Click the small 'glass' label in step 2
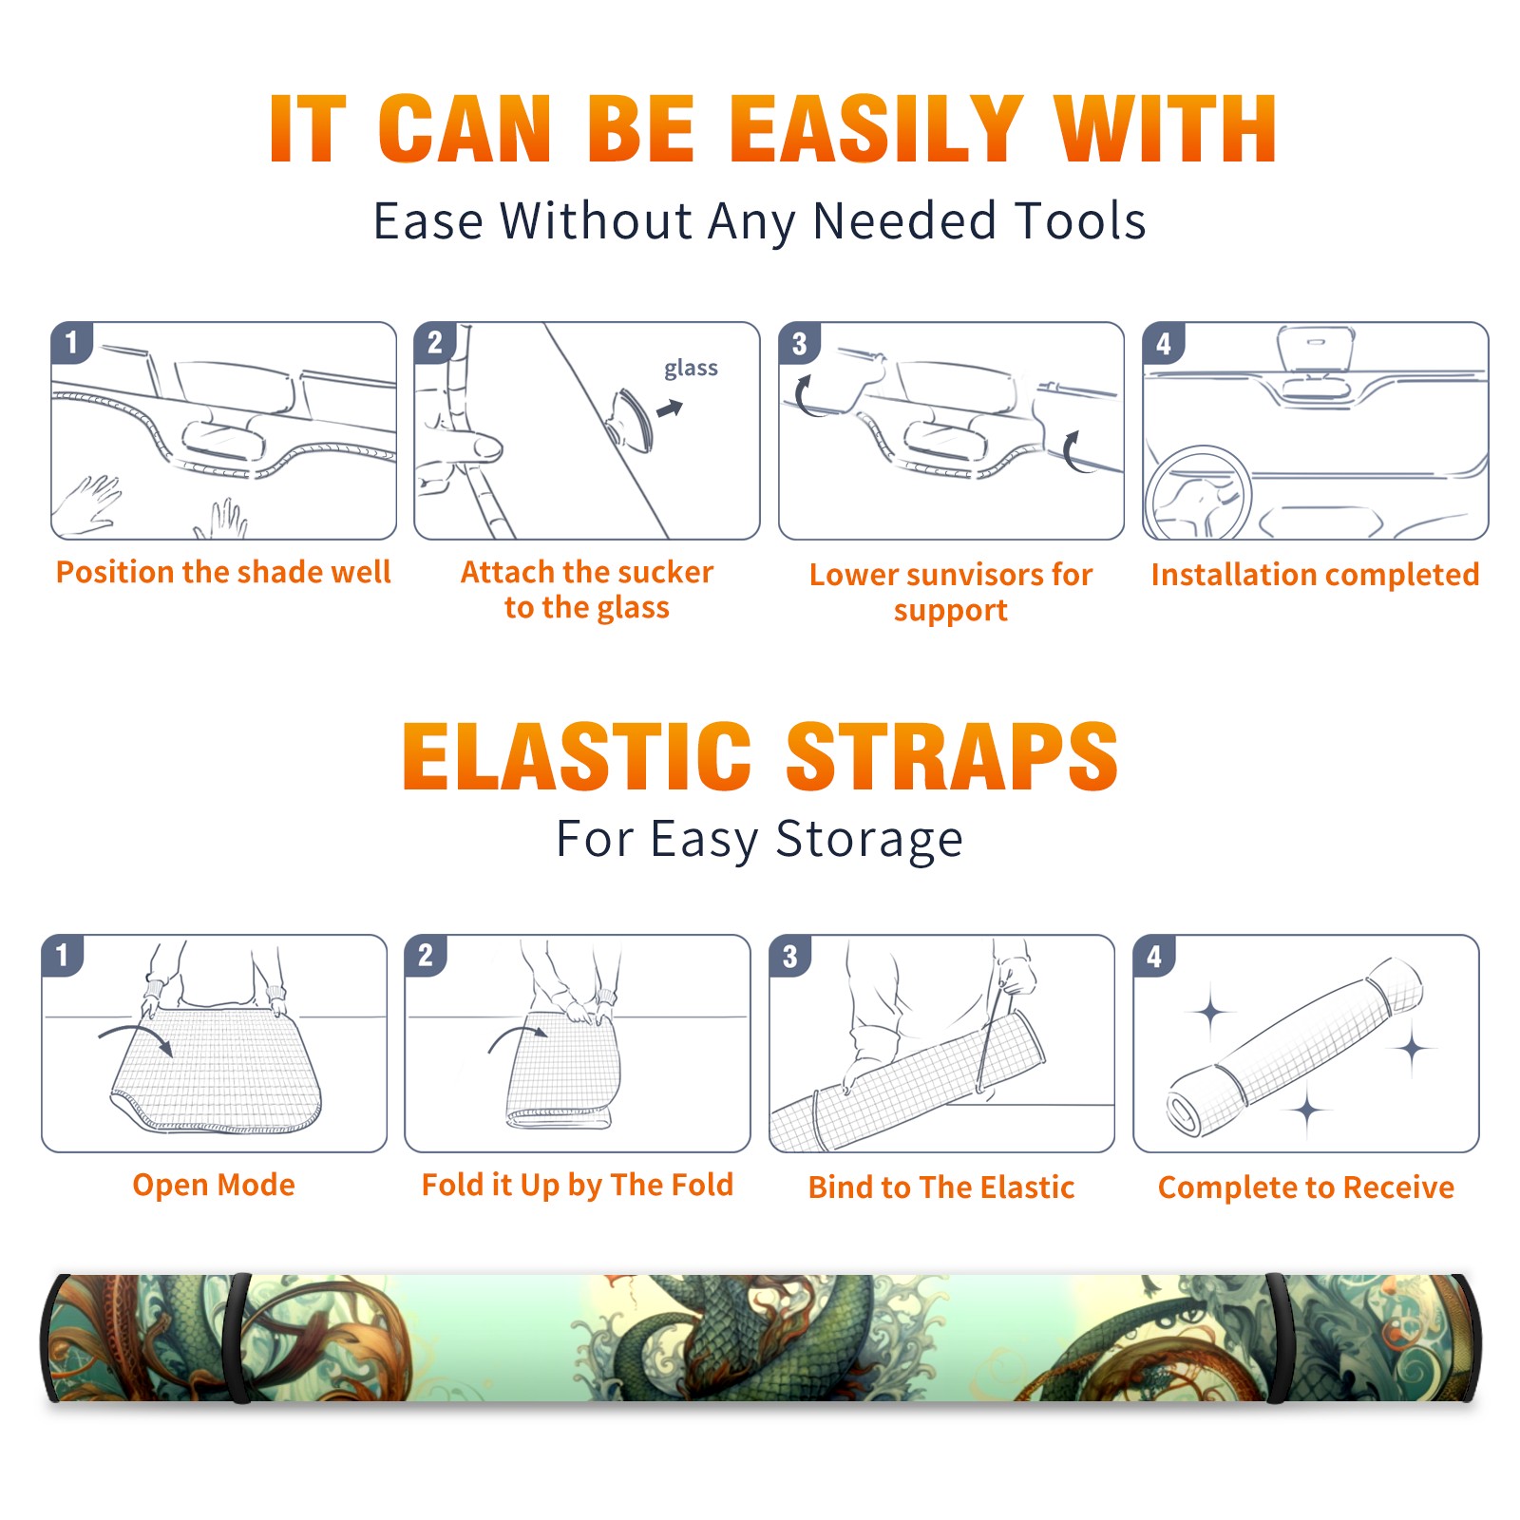tap(691, 369)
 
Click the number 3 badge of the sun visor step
tap(799, 344)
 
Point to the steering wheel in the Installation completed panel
tap(1199, 493)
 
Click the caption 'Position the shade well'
tap(223, 572)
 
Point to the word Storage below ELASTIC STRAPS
tap(869, 840)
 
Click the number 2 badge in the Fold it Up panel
tap(426, 955)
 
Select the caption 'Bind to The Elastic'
tap(941, 1187)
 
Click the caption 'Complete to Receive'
tap(1306, 1187)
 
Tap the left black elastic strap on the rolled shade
tap(239, 1338)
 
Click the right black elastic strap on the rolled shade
tap(1279, 1338)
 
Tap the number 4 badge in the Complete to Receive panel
tap(1154, 956)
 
